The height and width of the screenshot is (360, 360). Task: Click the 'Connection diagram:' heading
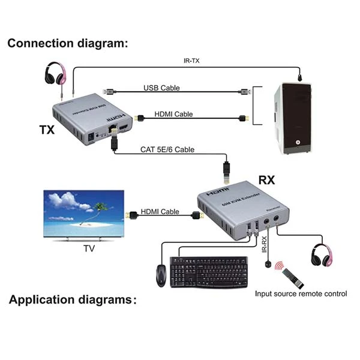[67, 43]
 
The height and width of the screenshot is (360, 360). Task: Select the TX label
[47, 130]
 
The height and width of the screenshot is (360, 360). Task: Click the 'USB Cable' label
[161, 88]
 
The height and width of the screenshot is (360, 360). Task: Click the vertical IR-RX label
[263, 247]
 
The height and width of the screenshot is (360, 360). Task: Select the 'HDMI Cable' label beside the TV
[160, 211]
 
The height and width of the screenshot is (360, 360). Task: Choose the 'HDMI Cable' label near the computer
[175, 114]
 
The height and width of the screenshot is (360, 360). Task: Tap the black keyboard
[208, 271]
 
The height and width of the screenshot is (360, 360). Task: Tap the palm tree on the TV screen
[100, 208]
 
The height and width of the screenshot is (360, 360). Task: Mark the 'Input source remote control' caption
[301, 293]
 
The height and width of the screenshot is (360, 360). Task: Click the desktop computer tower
[295, 119]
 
